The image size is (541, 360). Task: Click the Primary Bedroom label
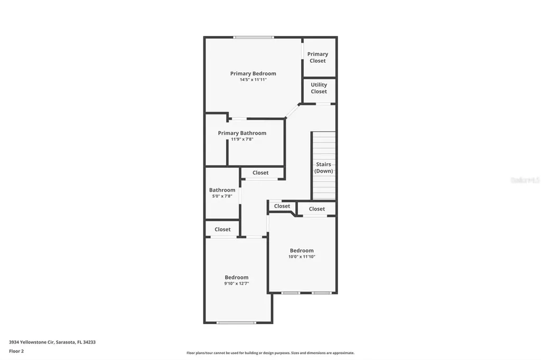click(253, 73)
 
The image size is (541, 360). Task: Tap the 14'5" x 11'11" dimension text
click(253, 80)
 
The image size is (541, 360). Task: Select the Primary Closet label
click(318, 57)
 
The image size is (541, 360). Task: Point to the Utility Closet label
click(319, 88)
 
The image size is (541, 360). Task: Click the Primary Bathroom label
click(242, 133)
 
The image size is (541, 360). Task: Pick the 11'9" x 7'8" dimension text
click(242, 139)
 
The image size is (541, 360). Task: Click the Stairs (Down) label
click(323, 167)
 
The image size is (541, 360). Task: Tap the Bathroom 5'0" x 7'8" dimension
click(222, 196)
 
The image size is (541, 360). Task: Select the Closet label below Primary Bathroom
click(260, 173)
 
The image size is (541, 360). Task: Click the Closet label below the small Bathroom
click(222, 229)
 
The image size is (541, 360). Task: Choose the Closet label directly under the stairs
click(317, 209)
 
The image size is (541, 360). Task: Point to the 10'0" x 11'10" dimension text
click(301, 257)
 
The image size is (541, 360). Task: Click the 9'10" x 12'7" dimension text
click(236, 283)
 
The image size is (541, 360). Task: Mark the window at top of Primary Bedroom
click(254, 37)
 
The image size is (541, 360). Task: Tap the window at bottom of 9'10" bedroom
click(236, 323)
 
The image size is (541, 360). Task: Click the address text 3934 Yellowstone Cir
click(52, 342)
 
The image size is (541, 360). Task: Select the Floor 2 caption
click(16, 350)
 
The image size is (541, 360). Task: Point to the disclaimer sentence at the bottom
click(270, 353)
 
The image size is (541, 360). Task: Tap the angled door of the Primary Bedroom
click(292, 111)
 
